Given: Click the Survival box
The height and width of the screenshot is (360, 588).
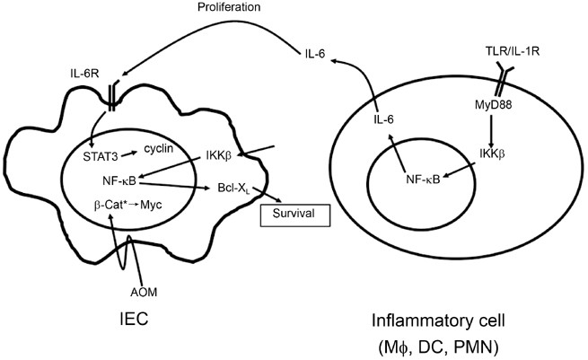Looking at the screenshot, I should (x=294, y=215).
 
